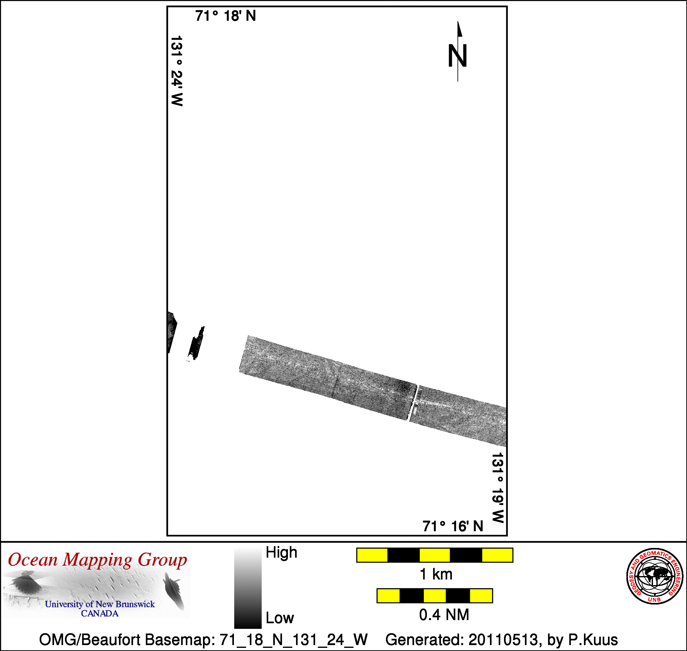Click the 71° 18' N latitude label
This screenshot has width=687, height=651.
tap(225, 16)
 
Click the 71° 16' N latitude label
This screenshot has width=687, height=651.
tap(453, 526)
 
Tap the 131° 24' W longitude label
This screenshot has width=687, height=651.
tap(177, 71)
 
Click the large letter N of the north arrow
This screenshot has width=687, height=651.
tap(458, 56)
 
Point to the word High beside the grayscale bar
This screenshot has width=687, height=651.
tap(281, 552)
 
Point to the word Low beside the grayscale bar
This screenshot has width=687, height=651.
tap(280, 618)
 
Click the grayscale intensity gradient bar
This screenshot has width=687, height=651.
tap(248, 588)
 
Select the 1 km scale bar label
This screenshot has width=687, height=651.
tap(436, 574)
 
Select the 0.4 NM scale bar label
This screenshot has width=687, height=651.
tap(444, 614)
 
